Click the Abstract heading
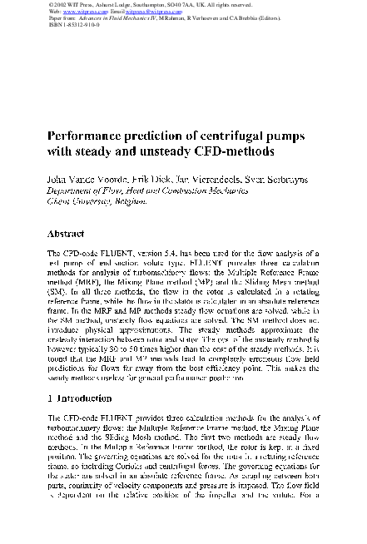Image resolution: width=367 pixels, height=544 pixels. (68, 234)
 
